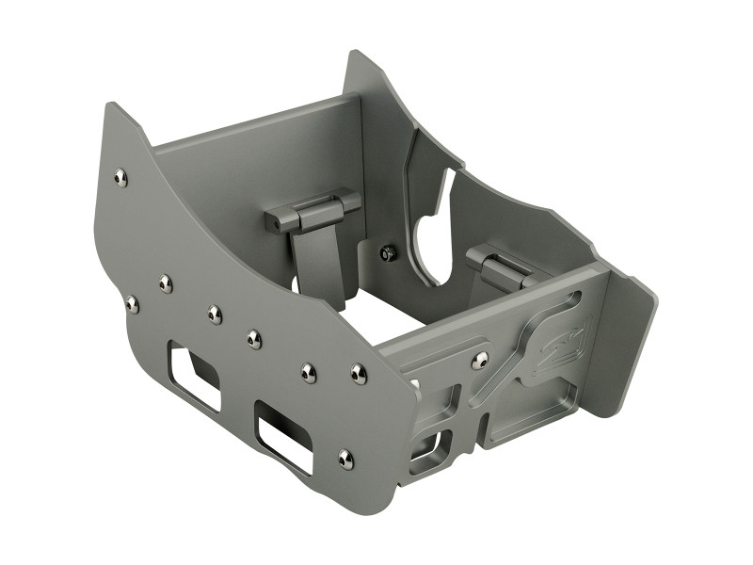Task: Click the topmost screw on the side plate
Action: pos(120,176)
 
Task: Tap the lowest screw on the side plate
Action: pos(345,458)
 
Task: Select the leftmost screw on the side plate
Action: pos(132,303)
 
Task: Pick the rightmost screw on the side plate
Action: pos(359,374)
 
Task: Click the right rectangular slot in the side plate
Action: pos(283,431)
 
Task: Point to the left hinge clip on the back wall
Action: pos(311,210)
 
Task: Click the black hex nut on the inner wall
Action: pos(387,251)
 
